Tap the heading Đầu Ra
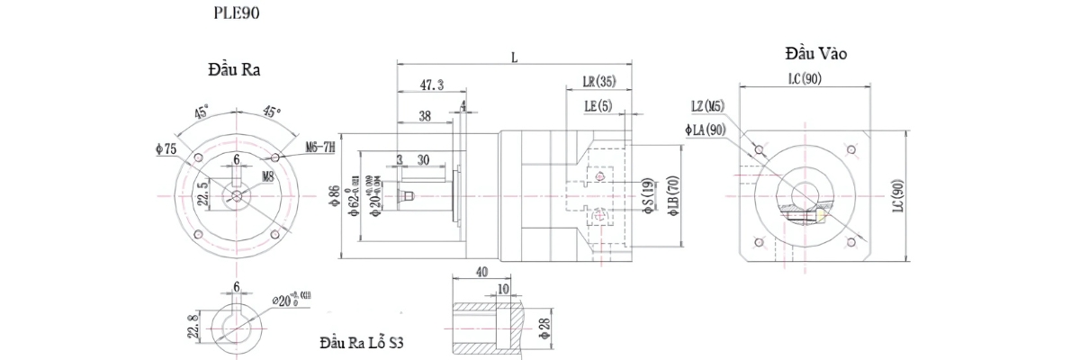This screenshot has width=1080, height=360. [233, 70]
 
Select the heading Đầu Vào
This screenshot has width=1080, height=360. [815, 53]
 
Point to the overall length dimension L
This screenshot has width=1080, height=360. [514, 57]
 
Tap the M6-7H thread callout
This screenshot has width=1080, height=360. [319, 146]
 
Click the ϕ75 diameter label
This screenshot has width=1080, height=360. [166, 148]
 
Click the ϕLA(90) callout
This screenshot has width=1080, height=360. [705, 130]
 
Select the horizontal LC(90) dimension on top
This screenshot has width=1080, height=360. [805, 79]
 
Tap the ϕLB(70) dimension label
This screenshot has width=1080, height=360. [671, 198]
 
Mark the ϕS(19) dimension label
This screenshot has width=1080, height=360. [647, 195]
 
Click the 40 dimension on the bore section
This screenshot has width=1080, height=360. [481, 272]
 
